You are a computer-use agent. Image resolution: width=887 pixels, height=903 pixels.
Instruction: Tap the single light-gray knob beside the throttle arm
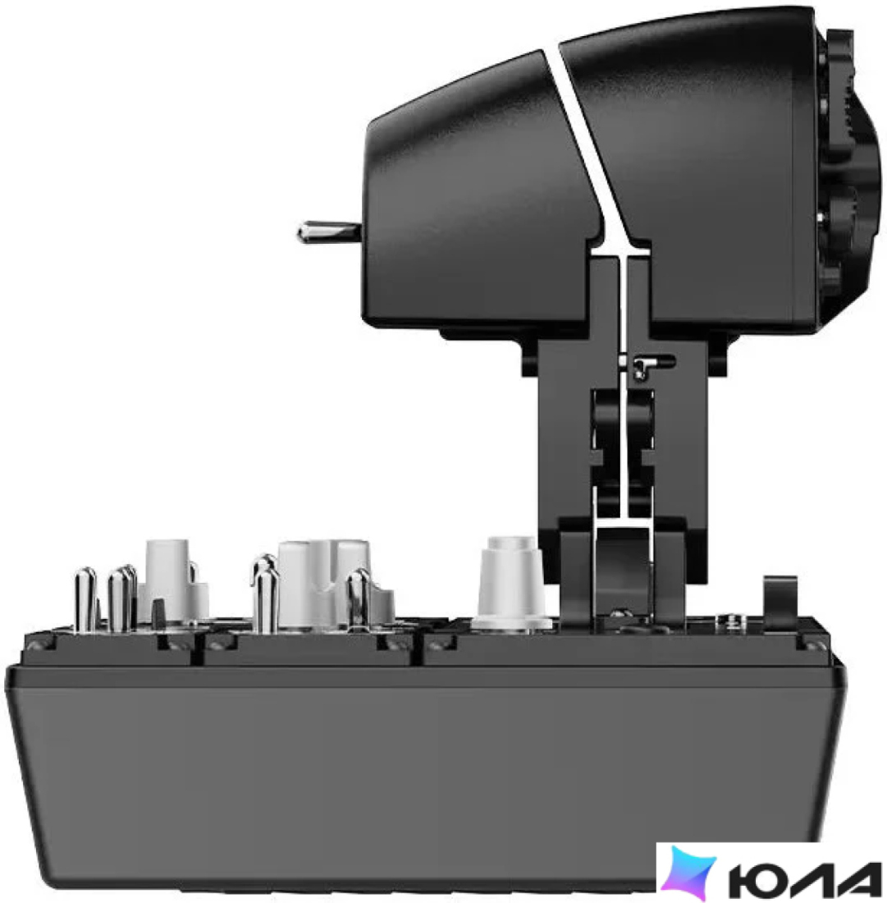pyautogui.click(x=512, y=582)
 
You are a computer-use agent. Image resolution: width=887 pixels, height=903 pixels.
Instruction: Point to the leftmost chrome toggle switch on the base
pyautogui.click(x=85, y=599)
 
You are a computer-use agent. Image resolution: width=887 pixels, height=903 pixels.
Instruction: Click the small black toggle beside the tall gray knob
pyautogui.click(x=158, y=612)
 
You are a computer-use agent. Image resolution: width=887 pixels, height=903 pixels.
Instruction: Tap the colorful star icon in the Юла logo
pyautogui.click(x=688, y=873)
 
